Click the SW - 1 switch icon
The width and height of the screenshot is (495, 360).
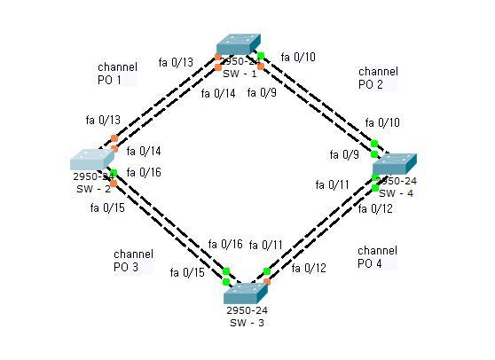pos(239,45)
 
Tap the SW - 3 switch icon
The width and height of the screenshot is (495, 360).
pos(245,294)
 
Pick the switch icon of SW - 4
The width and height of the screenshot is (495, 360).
pos(394,164)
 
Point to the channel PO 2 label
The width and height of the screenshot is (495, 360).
pos(377,78)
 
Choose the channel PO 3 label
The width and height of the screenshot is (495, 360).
pos(132,260)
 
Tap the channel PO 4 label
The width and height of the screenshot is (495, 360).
pos(377,257)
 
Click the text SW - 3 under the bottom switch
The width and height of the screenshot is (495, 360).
pos(246,323)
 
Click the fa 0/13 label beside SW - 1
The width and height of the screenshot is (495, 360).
pos(175,62)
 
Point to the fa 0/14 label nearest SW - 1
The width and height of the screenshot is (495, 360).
pos(217,93)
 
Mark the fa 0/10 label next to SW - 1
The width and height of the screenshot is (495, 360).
pos(297,58)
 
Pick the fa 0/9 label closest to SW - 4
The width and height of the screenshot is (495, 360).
pos(344,154)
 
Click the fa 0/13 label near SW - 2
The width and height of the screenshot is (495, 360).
pos(103,120)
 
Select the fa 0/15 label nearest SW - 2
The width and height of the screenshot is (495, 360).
pos(107,208)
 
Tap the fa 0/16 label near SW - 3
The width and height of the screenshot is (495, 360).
pos(224,245)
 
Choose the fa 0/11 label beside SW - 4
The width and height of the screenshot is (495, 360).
pos(332,185)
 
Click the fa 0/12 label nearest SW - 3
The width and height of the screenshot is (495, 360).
pos(308,268)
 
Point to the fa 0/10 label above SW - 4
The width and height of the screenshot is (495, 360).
pos(381,122)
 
